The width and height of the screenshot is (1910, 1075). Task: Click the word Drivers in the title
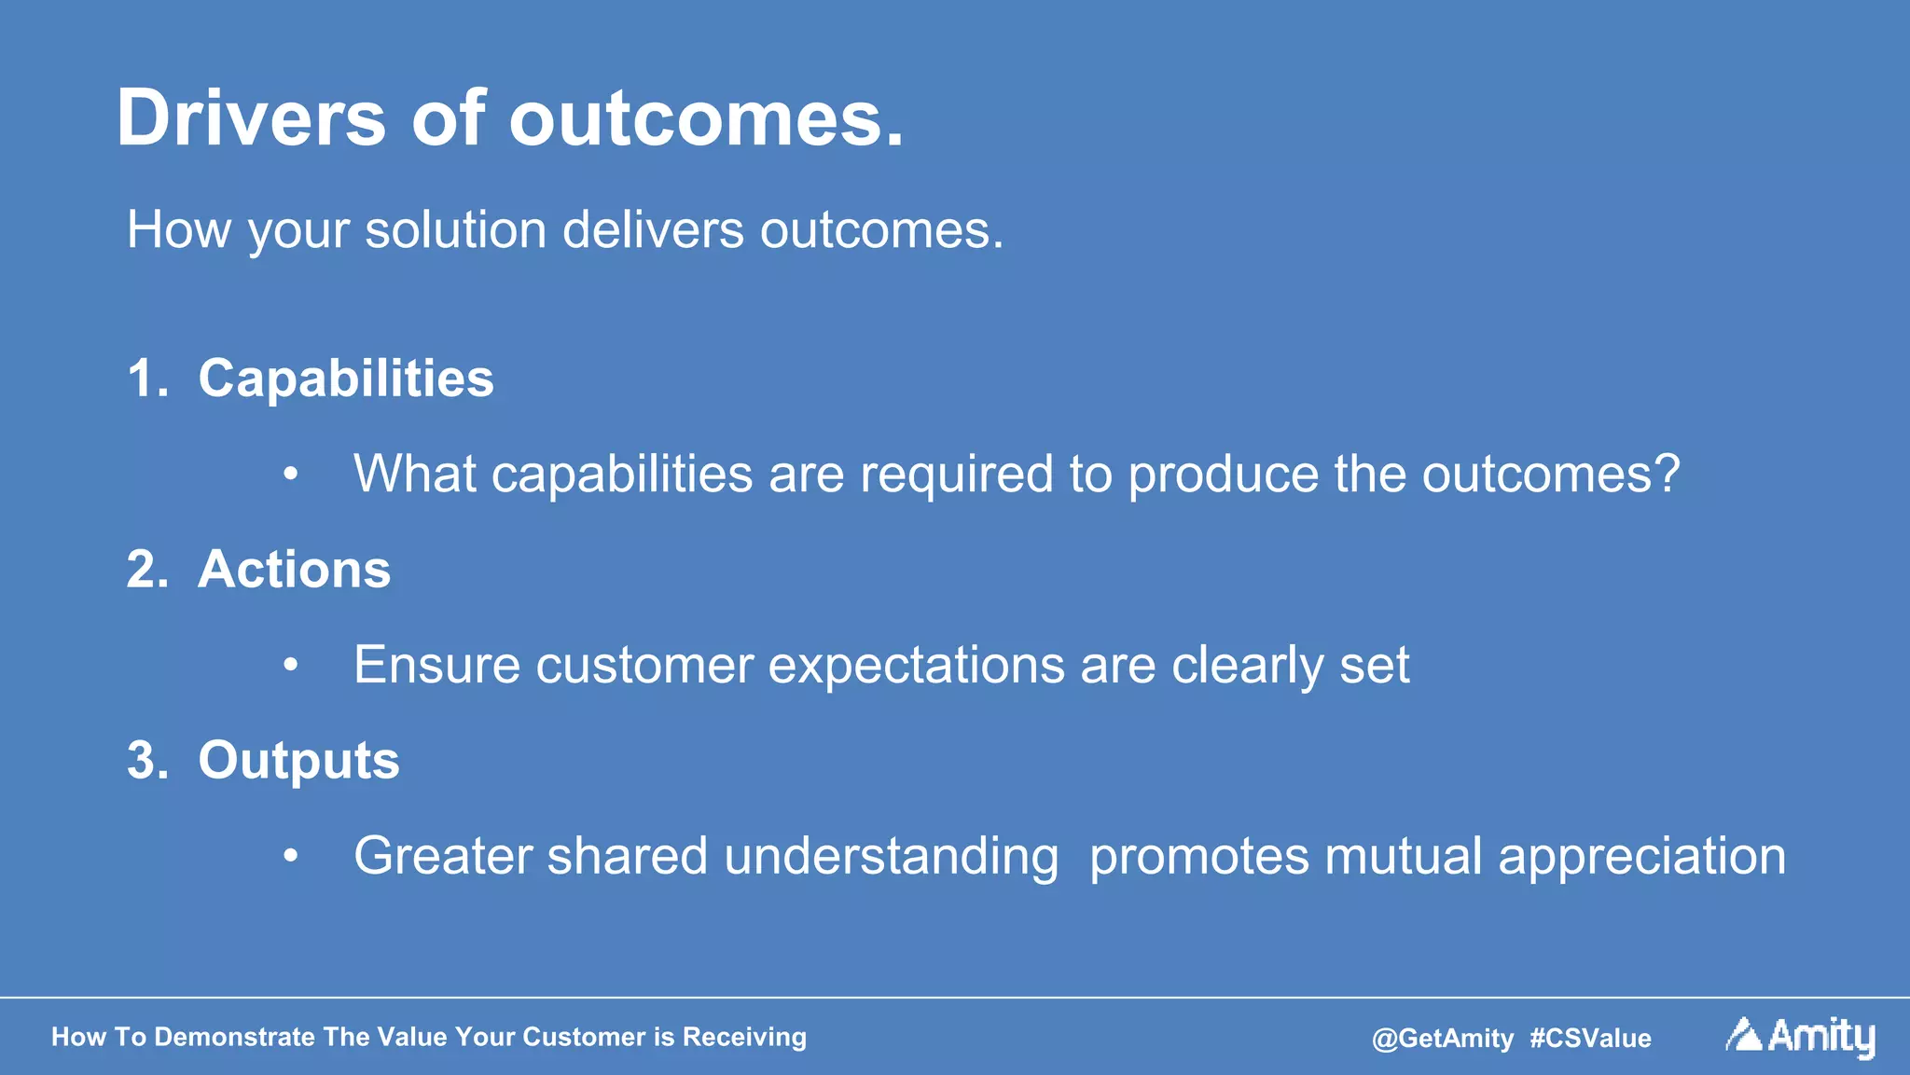pyautogui.click(x=250, y=118)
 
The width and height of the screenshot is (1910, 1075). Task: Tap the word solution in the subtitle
pyautogui.click(x=455, y=229)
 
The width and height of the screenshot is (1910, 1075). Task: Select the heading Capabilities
pyautogui.click(x=345, y=379)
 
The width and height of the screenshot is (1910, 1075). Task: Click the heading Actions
pyautogui.click(x=294, y=570)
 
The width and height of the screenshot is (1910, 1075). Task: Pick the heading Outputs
pyautogui.click(x=298, y=761)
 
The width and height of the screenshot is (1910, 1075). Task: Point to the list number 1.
pyautogui.click(x=145, y=379)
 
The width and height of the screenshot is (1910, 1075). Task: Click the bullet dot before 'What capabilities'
pyautogui.click(x=291, y=475)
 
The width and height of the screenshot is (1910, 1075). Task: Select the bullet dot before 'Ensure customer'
pyautogui.click(x=291, y=666)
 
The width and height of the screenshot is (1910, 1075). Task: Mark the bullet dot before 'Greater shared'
pyautogui.click(x=291, y=856)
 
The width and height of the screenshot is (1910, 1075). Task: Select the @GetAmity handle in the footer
pyautogui.click(x=1442, y=1039)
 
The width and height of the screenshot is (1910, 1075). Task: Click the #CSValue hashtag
pyautogui.click(x=1590, y=1039)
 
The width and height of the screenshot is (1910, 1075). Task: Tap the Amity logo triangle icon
pyautogui.click(x=1743, y=1035)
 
